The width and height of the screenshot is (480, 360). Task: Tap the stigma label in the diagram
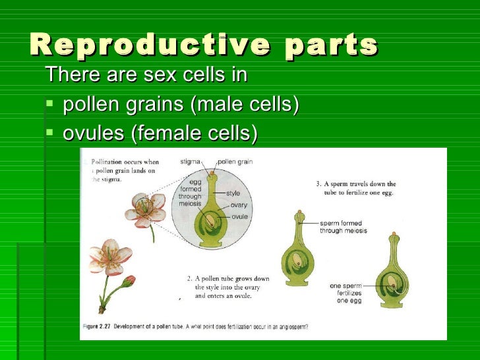190,161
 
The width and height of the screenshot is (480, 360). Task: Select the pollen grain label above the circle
235,161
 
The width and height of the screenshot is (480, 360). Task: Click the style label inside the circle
233,194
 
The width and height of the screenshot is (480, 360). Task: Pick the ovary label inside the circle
239,205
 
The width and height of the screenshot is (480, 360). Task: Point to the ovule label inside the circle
239,216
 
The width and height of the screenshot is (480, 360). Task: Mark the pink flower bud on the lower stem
129,280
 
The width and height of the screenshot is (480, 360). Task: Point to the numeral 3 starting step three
318,183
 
